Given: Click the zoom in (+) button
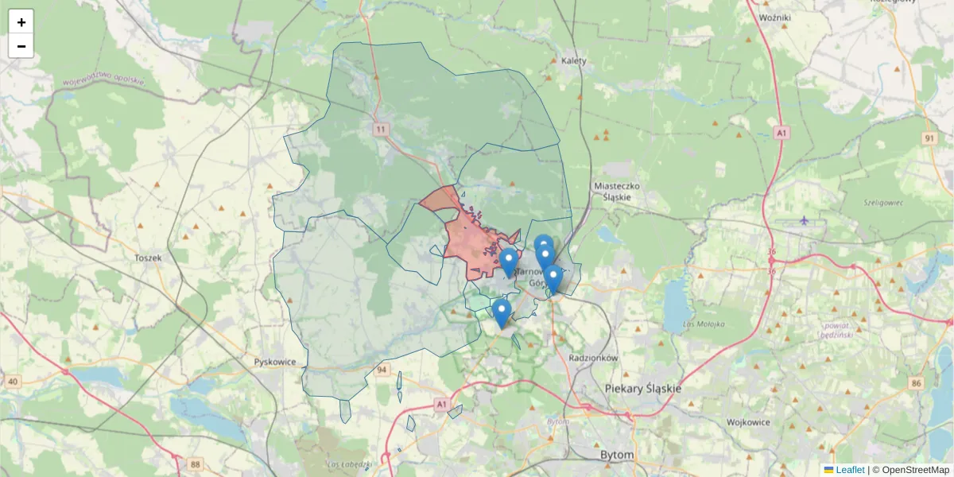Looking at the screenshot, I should point(21,22).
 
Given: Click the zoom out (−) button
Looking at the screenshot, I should point(21,46).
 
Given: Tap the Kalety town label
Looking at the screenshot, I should point(573,60).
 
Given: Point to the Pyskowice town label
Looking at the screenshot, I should point(274,362).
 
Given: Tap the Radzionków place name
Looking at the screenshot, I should point(594,359).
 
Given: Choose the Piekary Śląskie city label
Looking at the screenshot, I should point(643,388).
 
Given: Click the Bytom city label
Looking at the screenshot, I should point(617,456).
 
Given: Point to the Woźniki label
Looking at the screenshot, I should point(774,17).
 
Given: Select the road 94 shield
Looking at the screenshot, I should point(382,370).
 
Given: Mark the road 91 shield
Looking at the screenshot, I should point(929,138).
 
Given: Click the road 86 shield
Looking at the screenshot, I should point(917,383).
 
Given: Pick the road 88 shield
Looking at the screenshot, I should point(196,463).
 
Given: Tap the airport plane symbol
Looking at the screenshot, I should point(805,220).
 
